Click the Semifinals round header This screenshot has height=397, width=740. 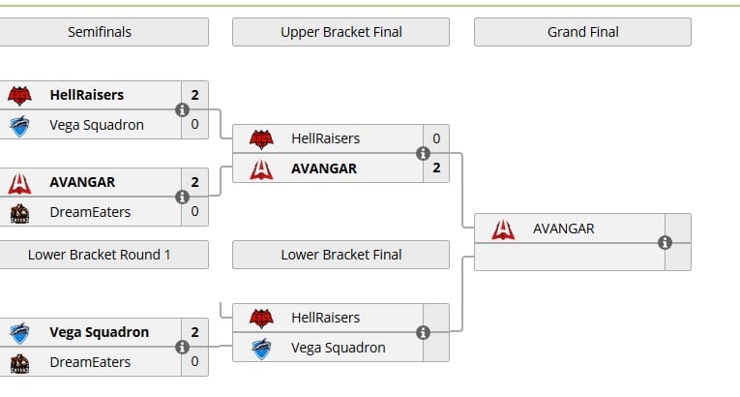pyautogui.click(x=100, y=32)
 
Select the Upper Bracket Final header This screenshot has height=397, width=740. pyautogui.click(x=340, y=32)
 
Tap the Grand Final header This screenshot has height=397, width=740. pyautogui.click(x=583, y=32)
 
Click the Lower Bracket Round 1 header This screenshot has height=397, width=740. pyautogui.click(x=100, y=255)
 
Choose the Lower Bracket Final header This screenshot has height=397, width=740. pyautogui.click(x=340, y=255)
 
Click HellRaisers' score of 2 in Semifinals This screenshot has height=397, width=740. pyautogui.click(x=194, y=95)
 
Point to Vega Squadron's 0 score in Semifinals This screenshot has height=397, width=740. pyautogui.click(x=194, y=124)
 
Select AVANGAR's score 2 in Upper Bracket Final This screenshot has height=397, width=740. pyautogui.click(x=436, y=168)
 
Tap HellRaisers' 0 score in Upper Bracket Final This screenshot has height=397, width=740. pyautogui.click(x=436, y=138)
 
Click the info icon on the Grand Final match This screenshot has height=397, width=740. pyautogui.click(x=665, y=242)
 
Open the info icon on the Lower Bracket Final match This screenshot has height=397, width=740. pyautogui.click(x=424, y=333)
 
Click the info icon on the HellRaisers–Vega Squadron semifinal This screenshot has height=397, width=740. pyautogui.click(x=182, y=109)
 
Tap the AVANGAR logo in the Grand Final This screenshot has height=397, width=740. pyautogui.click(x=503, y=229)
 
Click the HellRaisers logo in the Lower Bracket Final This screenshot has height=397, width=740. pyautogui.click(x=261, y=318)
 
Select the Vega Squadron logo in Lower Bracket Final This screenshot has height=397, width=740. pyautogui.click(x=261, y=349)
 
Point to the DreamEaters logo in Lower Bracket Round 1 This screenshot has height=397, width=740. pyautogui.click(x=19, y=363)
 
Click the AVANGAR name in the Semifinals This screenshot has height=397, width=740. pyautogui.click(x=82, y=182)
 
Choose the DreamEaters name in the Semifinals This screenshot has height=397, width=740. pyautogui.click(x=90, y=212)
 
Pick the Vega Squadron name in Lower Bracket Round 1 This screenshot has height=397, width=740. pyautogui.click(x=99, y=332)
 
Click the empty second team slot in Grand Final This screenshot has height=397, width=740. pyautogui.click(x=570, y=258)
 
